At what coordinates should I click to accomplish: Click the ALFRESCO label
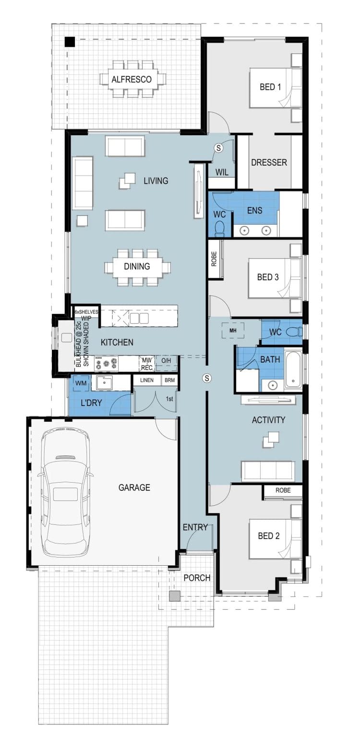click(x=132, y=79)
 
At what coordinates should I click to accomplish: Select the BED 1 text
click(x=270, y=87)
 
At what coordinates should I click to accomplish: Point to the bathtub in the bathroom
click(x=293, y=370)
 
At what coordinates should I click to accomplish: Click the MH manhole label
click(x=233, y=331)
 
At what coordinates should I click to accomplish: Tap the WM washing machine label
click(x=81, y=383)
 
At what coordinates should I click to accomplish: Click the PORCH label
click(x=197, y=578)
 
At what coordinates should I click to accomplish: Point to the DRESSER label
click(x=269, y=162)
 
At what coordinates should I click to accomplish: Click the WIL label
click(x=222, y=172)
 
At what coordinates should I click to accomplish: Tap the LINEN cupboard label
click(x=147, y=380)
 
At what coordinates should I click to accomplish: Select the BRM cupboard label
click(x=170, y=380)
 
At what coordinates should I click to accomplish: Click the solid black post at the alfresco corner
click(x=70, y=42)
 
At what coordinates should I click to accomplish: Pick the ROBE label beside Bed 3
click(x=214, y=259)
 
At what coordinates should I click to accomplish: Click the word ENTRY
click(x=195, y=527)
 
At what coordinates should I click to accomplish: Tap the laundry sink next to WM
click(x=104, y=383)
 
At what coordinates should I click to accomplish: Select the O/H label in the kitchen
click(x=166, y=361)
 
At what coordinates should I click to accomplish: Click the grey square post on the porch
click(x=175, y=596)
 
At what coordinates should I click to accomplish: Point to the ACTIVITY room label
click(x=268, y=420)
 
